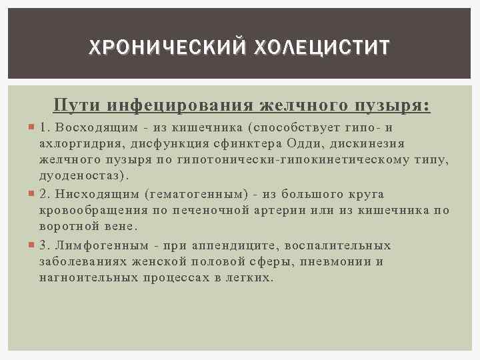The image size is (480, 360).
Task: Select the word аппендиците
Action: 225,245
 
